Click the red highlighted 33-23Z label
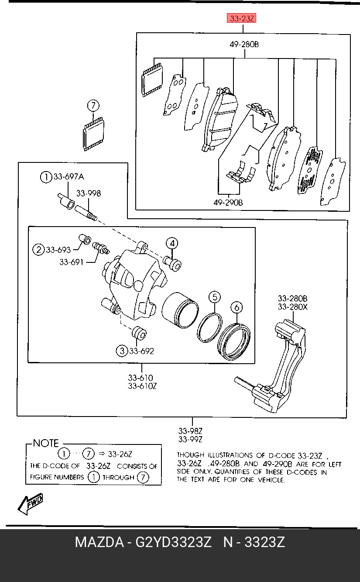[x=242, y=18]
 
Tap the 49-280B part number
[x=244, y=45]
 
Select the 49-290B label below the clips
[x=228, y=203]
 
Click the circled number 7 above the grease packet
[x=93, y=106]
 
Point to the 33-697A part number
[x=69, y=177]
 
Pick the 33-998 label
[x=88, y=193]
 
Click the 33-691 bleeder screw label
[x=72, y=262]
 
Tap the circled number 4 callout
[x=172, y=244]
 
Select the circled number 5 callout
[x=215, y=297]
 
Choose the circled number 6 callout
[x=237, y=308]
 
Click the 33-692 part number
[x=141, y=351]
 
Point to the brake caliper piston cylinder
[x=180, y=310]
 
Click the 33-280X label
[x=292, y=307]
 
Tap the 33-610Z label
[x=142, y=386]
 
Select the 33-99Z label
[x=190, y=439]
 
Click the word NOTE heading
[x=46, y=443]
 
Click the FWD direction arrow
[x=29, y=504]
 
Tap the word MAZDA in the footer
[x=99, y=542]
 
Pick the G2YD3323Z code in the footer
[x=174, y=542]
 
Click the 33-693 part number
[x=58, y=250]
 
